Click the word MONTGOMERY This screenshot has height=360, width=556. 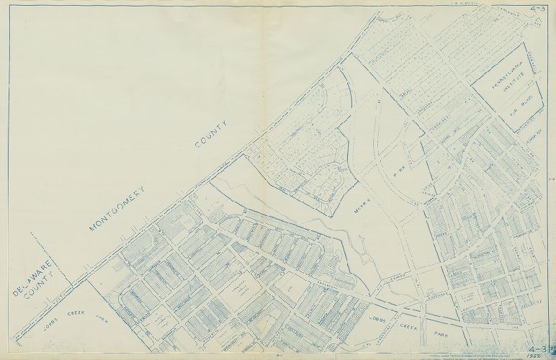coord(117,209)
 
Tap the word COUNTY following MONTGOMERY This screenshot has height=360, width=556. coord(212,134)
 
